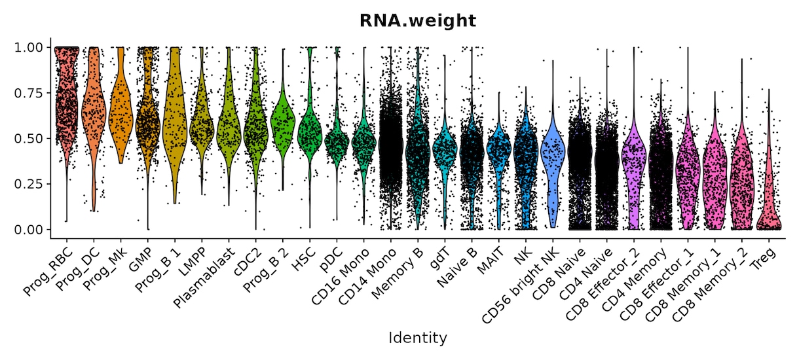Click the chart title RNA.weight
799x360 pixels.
418,21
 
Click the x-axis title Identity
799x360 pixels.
418,338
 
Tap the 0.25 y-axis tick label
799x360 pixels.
28,184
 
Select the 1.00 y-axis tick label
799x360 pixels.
28,47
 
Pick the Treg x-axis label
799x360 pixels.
764,259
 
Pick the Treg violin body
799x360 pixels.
769,200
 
